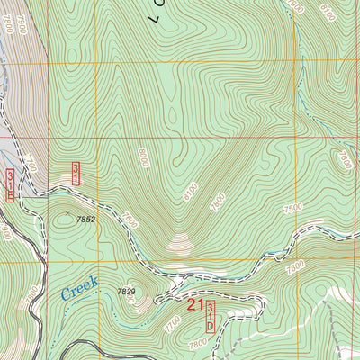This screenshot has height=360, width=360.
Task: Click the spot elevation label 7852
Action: [x=85, y=219]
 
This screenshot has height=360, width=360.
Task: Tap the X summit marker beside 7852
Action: [x=67, y=213]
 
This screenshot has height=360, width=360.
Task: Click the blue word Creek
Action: [x=79, y=288]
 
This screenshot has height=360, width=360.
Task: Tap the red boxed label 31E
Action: [x=10, y=184]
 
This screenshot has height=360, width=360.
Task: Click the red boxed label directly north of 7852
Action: [x=76, y=173]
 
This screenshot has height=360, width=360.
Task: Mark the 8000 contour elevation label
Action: [x=143, y=160]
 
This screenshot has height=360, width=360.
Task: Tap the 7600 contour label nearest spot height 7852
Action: [x=130, y=219]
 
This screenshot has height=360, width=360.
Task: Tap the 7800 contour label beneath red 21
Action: [x=197, y=344]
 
